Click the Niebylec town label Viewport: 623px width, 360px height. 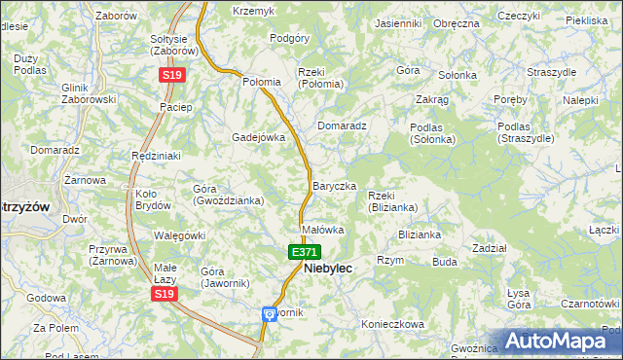(328, 268)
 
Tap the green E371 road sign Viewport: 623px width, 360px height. (304, 252)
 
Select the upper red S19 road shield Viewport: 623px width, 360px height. (172, 74)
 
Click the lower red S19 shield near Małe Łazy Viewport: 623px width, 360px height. (165, 293)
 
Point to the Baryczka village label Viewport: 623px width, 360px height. (334, 186)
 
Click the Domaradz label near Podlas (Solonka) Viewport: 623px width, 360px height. (342, 126)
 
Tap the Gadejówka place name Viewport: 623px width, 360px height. (258, 137)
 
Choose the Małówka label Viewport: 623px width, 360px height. (323, 231)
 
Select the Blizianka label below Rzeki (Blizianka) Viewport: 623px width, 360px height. (420, 234)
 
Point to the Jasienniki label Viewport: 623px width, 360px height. (398, 22)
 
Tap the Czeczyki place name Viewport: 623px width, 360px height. (518, 17)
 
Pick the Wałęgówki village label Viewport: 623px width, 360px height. (179, 235)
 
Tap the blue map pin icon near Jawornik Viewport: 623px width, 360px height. (269, 314)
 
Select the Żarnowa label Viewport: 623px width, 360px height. (85, 180)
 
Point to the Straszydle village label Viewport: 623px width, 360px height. (551, 72)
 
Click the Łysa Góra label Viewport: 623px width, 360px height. (518, 298)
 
